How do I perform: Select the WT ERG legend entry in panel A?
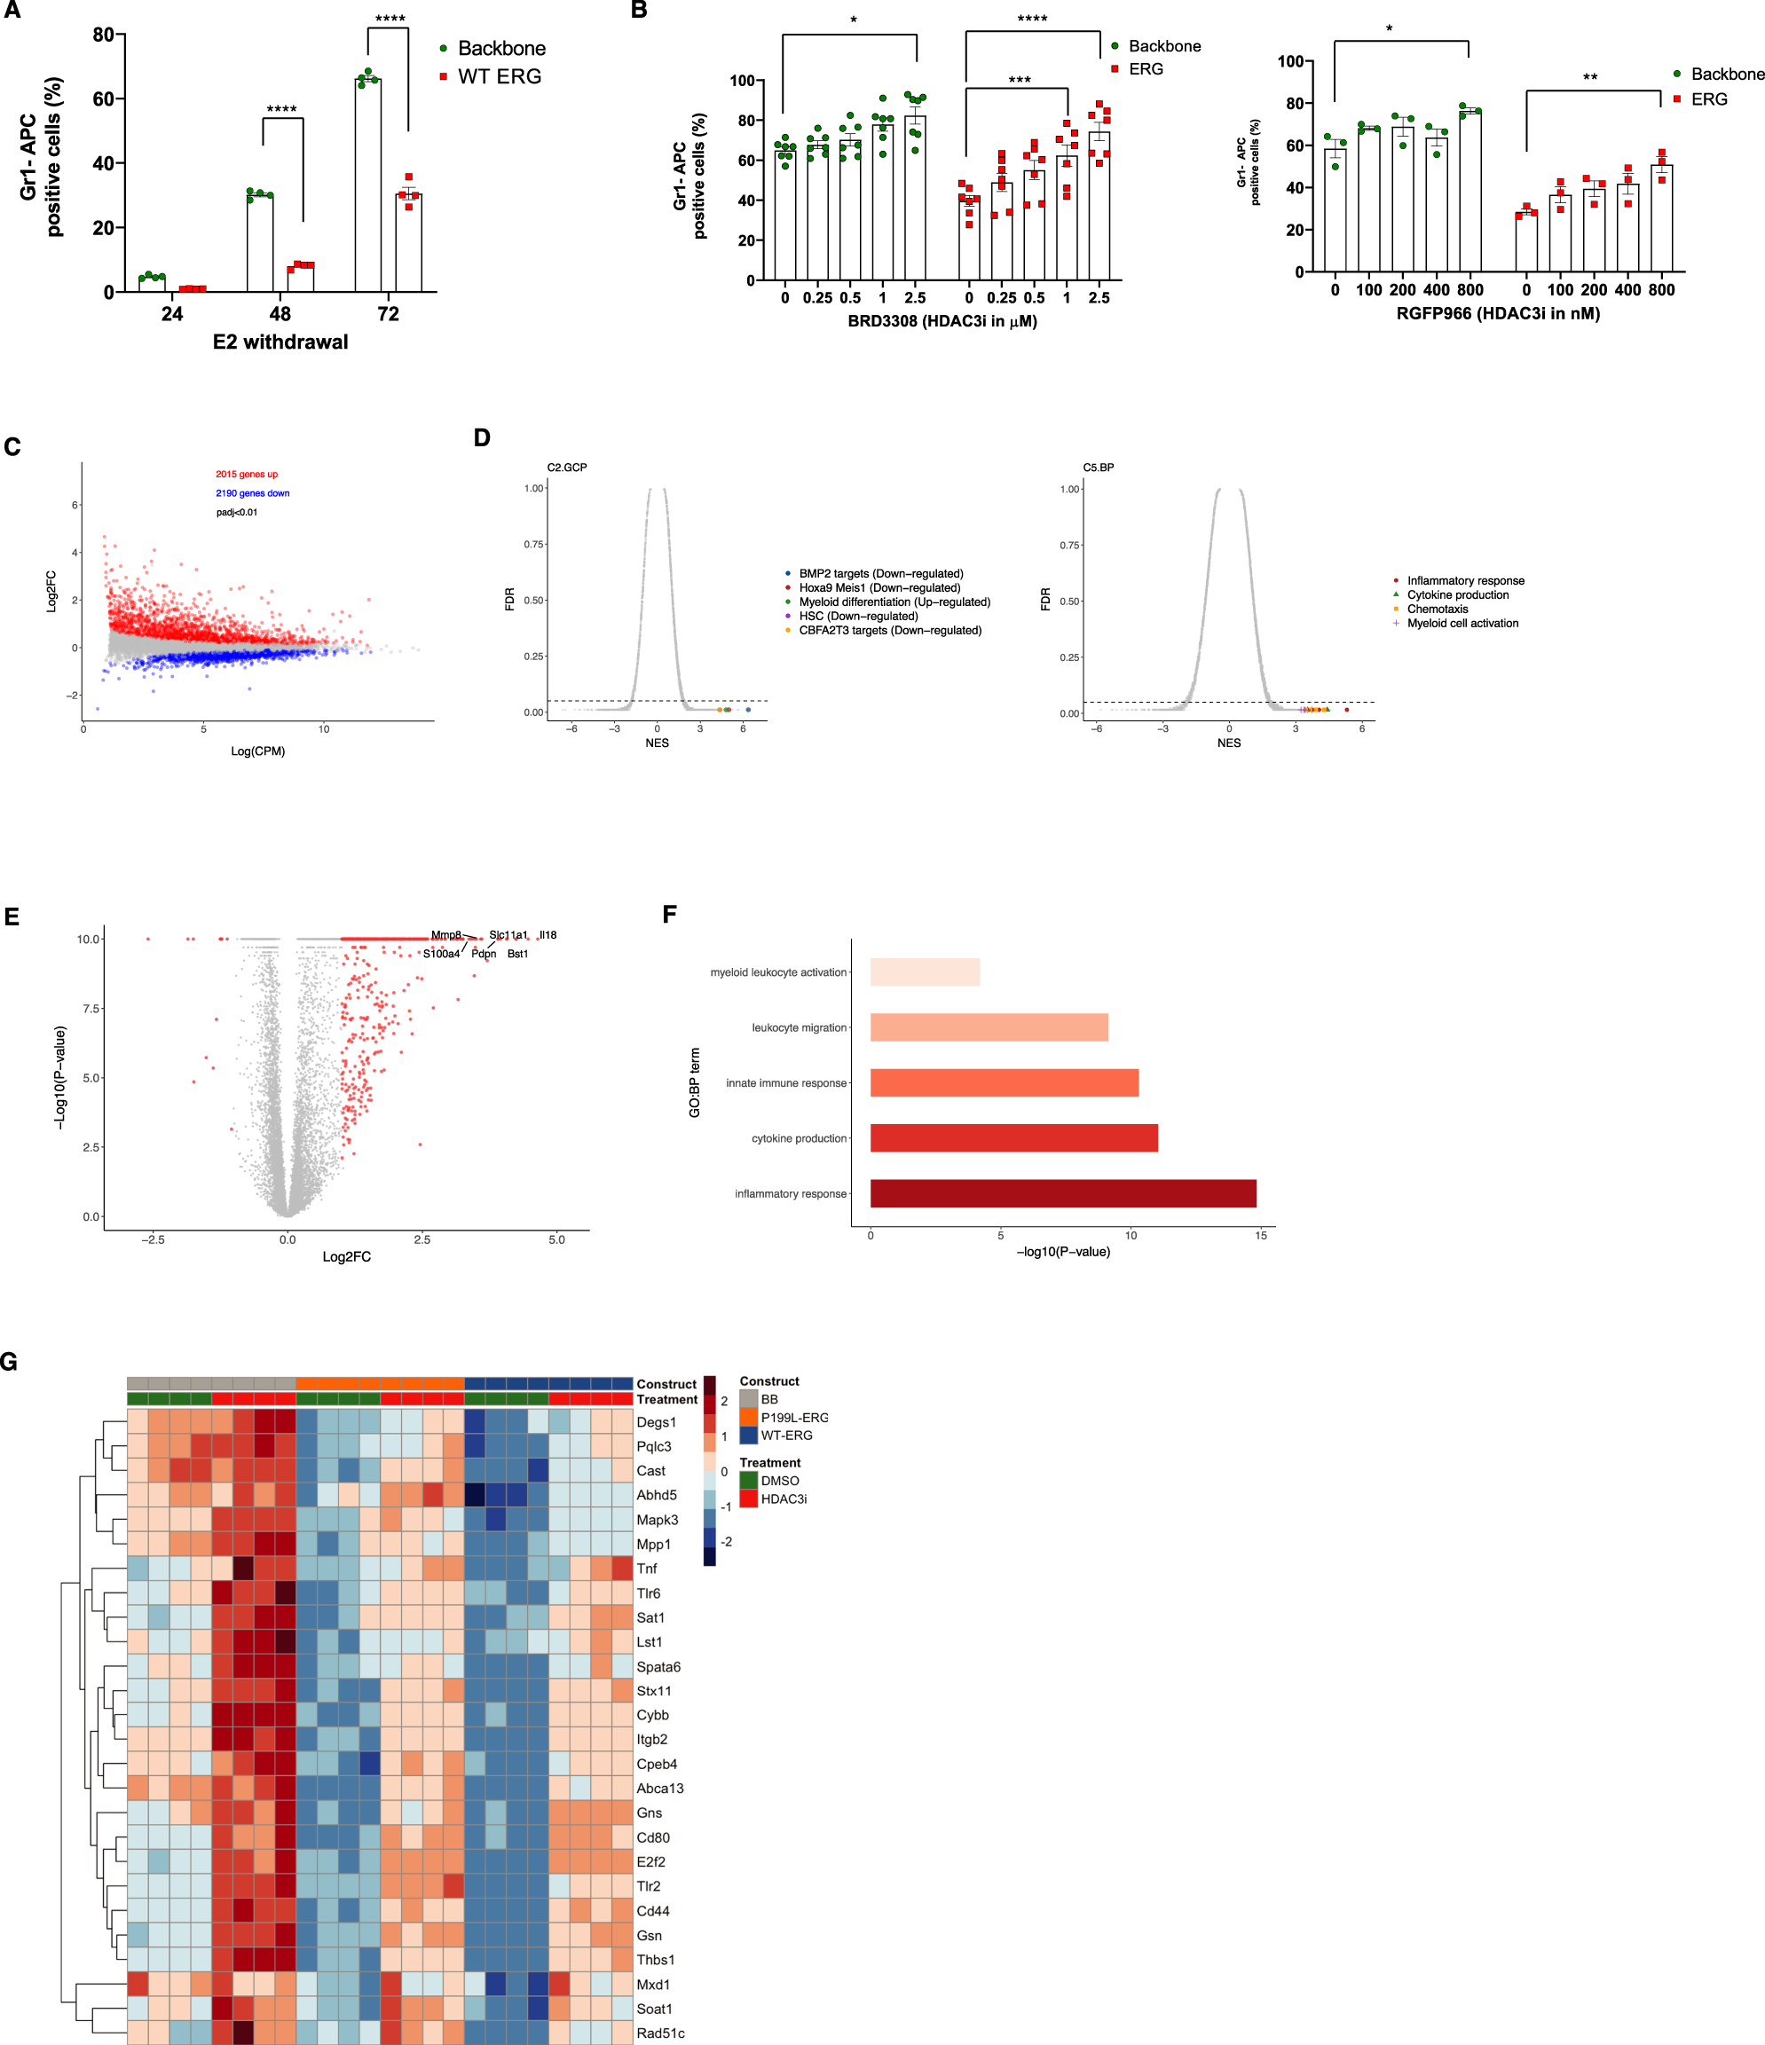coord(499,77)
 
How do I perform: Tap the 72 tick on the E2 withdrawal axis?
coord(388,314)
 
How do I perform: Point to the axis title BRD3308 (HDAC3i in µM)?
coord(942,322)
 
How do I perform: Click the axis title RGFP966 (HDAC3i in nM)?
coord(1498,314)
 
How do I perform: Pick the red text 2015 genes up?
coord(247,475)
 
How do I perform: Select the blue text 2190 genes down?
coord(253,493)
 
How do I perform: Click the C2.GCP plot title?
coord(567,468)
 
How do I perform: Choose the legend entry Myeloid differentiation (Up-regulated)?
coord(894,602)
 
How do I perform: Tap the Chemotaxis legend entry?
coord(1438,609)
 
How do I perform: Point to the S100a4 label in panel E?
coord(441,954)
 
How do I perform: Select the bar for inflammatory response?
coord(1062,1193)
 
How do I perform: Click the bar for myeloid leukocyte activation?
coord(925,972)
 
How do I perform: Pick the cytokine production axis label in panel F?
coord(799,1138)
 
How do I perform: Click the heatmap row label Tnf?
coord(647,1569)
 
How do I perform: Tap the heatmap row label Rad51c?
coord(660,2033)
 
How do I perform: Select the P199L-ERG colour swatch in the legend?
coord(748,1417)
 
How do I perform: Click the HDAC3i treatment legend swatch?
coord(748,1498)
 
